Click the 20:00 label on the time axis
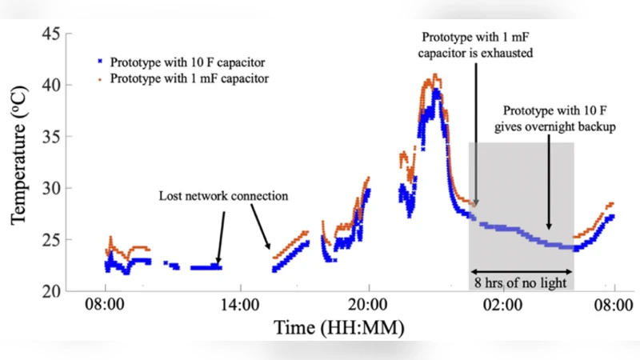(x=368, y=306)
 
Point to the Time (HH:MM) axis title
(x=338, y=327)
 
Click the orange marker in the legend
(x=99, y=78)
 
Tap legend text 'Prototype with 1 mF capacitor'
(x=189, y=78)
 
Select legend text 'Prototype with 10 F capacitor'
(x=189, y=61)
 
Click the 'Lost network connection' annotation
(x=223, y=196)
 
